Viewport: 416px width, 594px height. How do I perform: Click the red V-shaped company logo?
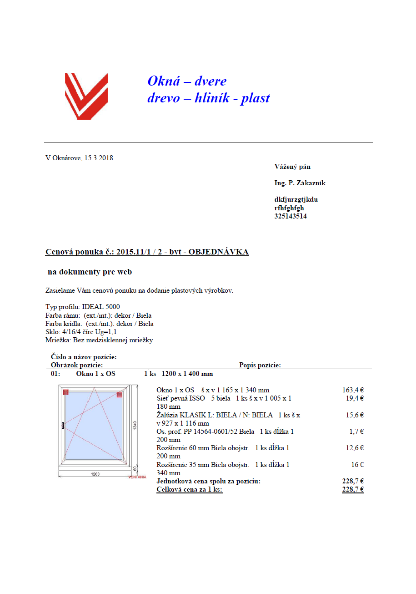[x=86, y=96]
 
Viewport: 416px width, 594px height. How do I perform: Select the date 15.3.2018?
[x=99, y=158]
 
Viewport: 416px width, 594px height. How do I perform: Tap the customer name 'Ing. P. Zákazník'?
[x=300, y=183]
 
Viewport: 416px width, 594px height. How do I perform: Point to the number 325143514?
[x=291, y=216]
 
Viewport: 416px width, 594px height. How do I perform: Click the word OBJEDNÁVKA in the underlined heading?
[x=219, y=252]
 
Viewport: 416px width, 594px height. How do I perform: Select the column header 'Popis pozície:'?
[x=260, y=365]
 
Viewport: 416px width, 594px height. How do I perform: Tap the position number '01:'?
[x=55, y=374]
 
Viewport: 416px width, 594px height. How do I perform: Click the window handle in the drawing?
[x=63, y=425]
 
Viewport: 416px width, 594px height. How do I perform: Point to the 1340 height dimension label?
[x=135, y=425]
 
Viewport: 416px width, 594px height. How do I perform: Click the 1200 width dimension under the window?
[x=95, y=474]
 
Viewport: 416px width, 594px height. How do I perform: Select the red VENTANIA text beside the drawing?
[x=137, y=477]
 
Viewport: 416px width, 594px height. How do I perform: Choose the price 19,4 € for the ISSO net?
[x=355, y=398]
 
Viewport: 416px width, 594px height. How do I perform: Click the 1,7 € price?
[x=357, y=432]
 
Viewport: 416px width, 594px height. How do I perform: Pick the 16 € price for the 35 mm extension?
[x=357, y=465]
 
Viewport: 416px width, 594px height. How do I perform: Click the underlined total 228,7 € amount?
[x=353, y=490]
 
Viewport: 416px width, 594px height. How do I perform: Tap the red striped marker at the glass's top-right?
[x=120, y=394]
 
